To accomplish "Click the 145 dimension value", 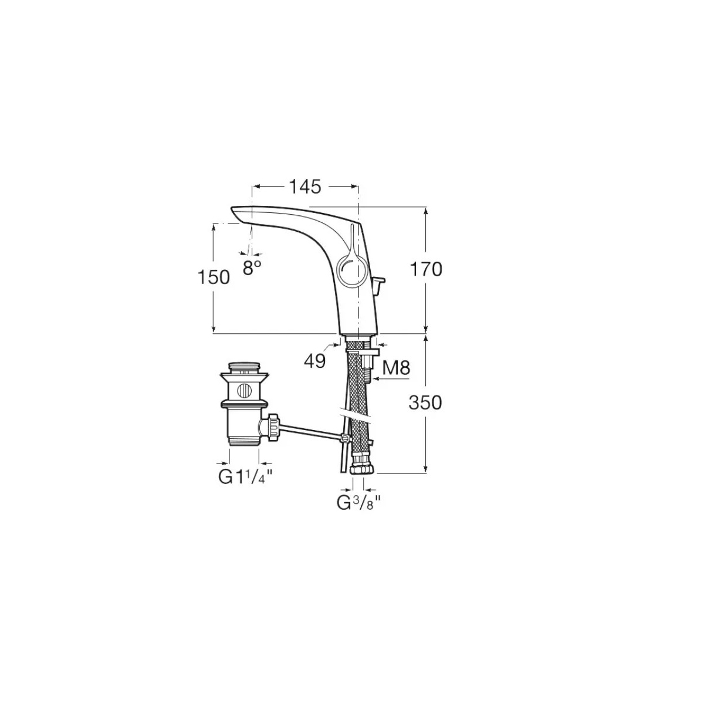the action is [x=305, y=187].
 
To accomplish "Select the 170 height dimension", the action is [x=426, y=270].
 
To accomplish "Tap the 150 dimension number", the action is [x=214, y=277].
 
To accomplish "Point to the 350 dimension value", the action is [x=425, y=403].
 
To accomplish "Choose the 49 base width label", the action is [x=314, y=362].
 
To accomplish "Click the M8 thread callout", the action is [x=396, y=368].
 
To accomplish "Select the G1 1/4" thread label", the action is [x=245, y=477].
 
